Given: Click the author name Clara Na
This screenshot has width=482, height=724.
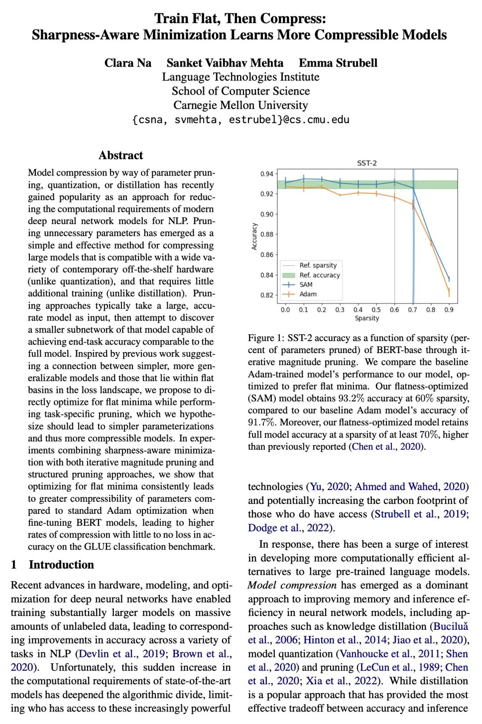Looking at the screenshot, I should point(128,63).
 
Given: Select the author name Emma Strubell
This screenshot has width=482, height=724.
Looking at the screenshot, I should point(338,63).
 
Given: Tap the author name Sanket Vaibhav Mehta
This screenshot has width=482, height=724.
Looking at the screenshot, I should point(225,63).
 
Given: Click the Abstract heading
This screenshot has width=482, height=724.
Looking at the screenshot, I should point(121,155).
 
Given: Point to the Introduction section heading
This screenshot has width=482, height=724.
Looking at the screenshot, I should point(61,565).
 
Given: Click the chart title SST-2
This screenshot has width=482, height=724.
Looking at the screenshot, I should point(367,163).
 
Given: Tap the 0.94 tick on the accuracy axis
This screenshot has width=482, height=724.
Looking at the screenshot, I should point(267,174).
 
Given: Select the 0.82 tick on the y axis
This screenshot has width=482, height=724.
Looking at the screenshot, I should point(267,295).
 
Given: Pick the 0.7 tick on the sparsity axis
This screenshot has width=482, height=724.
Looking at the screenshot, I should point(412,310).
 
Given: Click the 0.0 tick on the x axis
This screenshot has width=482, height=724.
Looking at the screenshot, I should point(285,310).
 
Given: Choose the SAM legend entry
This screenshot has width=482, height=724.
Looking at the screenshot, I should point(306,285).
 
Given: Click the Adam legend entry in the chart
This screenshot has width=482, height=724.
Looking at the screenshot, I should point(308,294).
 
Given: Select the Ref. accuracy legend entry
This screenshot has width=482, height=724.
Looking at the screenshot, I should point(320,275).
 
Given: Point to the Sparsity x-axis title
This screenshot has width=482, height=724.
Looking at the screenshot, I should point(367,318).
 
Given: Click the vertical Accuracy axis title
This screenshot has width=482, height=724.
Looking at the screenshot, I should point(254,236).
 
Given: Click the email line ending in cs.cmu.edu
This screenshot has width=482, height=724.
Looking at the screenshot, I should point(241,120).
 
